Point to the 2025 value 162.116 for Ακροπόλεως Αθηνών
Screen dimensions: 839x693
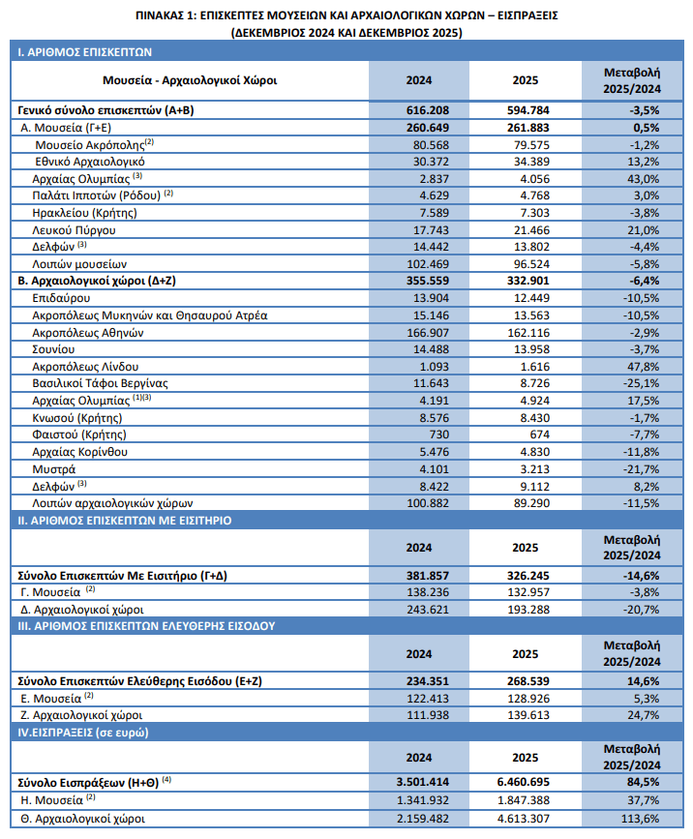(x=527, y=332)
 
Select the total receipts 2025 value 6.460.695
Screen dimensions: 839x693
(x=527, y=780)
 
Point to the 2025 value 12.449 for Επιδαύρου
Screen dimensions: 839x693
(x=527, y=298)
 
